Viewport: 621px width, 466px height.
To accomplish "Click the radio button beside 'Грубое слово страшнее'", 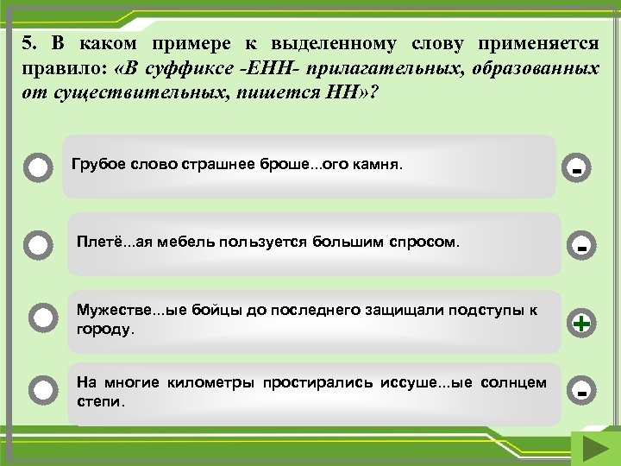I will point(38,167).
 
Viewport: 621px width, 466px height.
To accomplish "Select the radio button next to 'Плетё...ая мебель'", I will point(38,245).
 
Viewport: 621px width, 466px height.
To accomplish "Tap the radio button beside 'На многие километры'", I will point(41,391).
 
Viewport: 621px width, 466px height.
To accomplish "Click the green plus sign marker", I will point(582,324).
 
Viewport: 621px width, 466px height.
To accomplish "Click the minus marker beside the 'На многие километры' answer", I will point(582,393).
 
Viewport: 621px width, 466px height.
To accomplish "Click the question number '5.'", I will point(30,44).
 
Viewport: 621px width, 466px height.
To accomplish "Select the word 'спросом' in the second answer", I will point(427,242).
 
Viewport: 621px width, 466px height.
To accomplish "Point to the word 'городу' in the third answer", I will point(104,330).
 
